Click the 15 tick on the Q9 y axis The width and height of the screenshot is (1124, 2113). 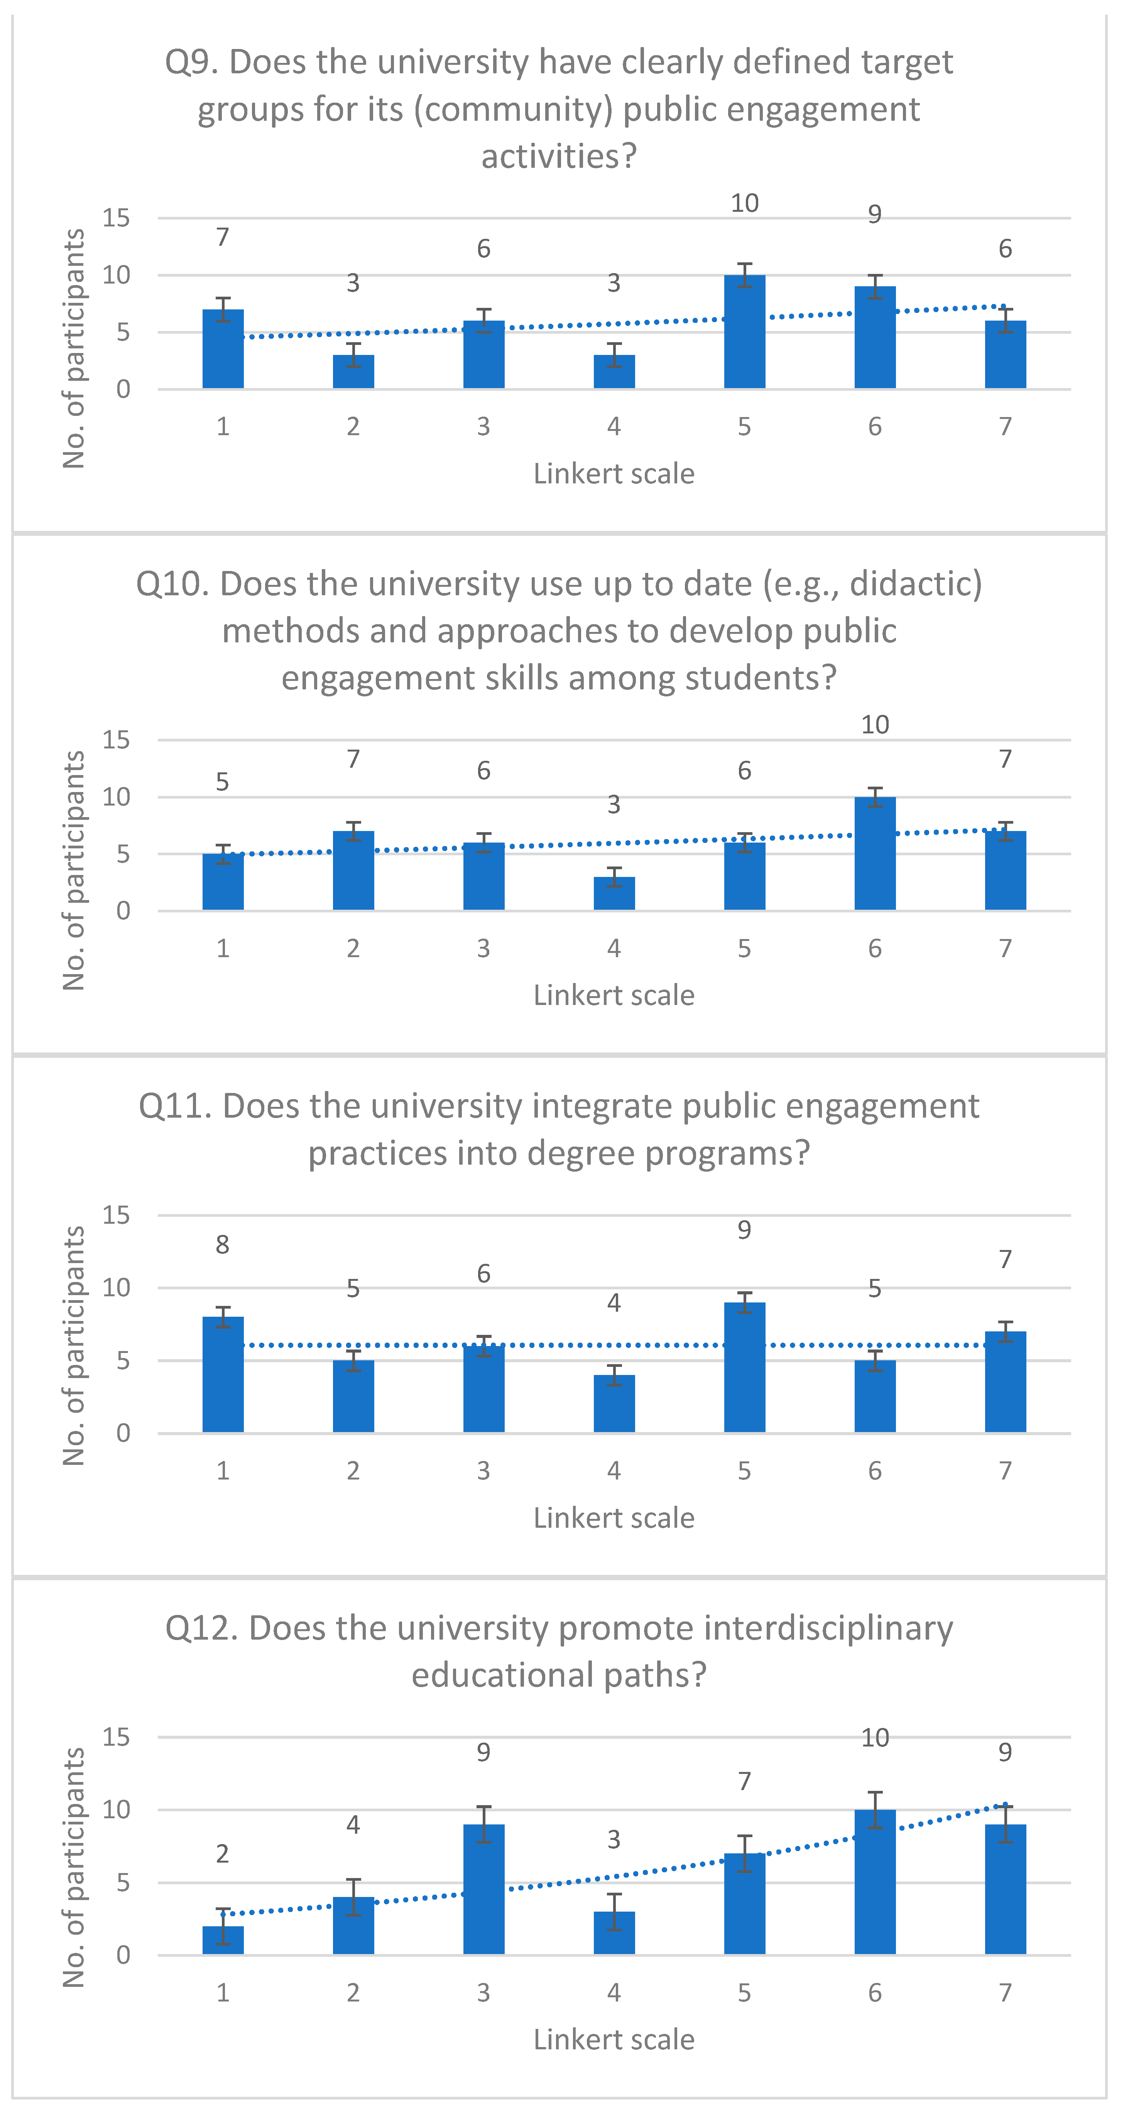(116, 218)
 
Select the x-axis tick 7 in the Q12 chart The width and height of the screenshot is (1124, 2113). (1005, 1993)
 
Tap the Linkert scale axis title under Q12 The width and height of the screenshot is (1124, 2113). (614, 2040)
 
